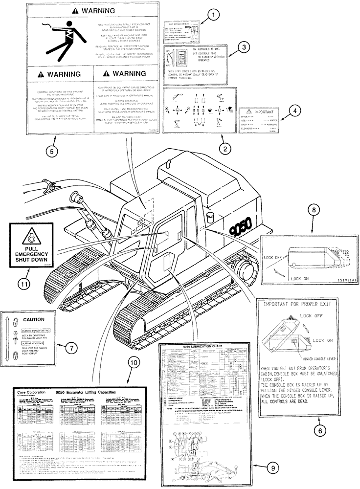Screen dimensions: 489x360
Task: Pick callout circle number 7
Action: [x=71, y=348]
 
